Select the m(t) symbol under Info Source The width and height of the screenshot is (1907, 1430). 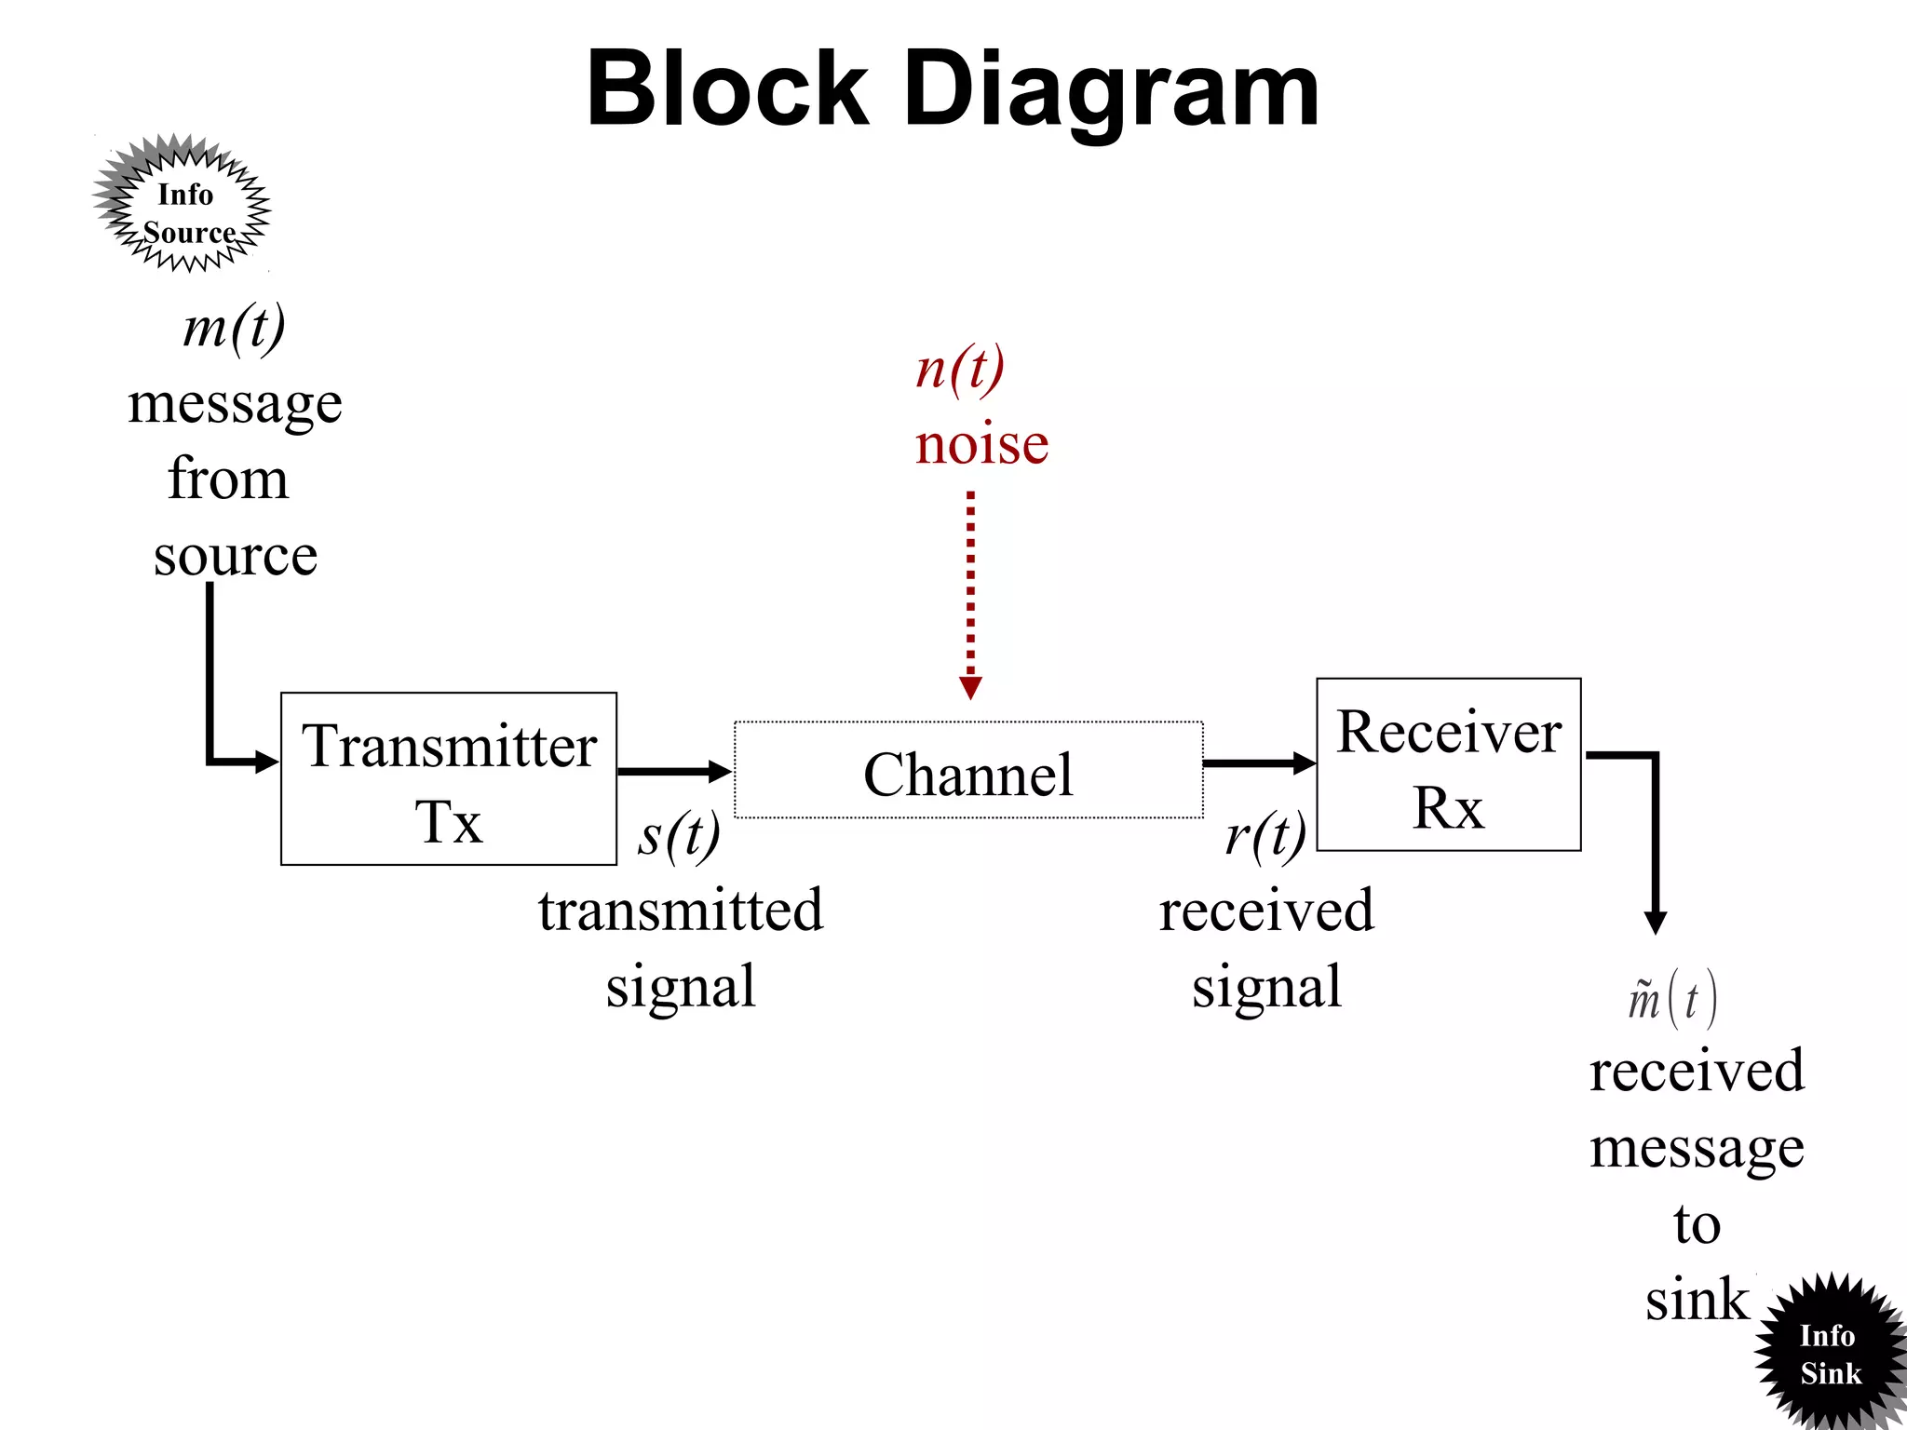(x=234, y=328)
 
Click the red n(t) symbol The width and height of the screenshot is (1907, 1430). (x=960, y=369)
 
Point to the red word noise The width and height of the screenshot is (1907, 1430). (x=981, y=444)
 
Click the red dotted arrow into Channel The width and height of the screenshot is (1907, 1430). (x=970, y=596)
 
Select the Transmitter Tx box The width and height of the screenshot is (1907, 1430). (x=448, y=779)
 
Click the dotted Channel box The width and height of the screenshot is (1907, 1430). (x=968, y=771)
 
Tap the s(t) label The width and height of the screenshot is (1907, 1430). (x=679, y=835)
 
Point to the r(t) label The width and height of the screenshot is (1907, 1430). (x=1265, y=835)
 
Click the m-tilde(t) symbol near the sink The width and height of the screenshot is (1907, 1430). (x=1671, y=1000)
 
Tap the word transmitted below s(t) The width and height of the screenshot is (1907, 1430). (x=681, y=911)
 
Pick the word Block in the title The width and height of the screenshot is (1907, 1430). (x=727, y=90)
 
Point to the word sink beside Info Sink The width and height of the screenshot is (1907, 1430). (x=1696, y=1300)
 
